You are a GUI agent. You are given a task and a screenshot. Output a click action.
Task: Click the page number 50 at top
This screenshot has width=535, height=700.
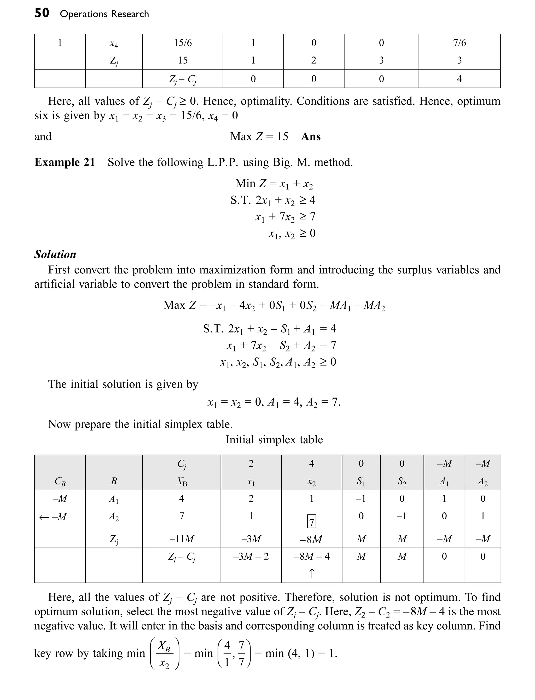point(42,13)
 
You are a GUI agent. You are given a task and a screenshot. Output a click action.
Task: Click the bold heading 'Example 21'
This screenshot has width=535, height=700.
point(65,162)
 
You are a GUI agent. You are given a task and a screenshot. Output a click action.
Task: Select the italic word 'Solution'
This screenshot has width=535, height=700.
point(55,254)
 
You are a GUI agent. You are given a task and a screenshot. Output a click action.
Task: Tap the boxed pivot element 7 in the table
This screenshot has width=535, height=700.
point(311,521)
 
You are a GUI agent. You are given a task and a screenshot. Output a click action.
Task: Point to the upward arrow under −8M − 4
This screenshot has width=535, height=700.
point(312,573)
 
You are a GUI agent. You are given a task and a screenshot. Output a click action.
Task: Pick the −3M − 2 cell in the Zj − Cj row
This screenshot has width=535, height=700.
point(251,556)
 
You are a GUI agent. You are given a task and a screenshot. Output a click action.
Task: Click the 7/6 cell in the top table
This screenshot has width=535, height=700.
point(459,43)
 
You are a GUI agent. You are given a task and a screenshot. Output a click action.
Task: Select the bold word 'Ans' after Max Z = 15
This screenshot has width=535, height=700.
point(311,136)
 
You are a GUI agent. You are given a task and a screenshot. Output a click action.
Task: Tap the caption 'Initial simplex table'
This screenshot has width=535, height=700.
point(274,440)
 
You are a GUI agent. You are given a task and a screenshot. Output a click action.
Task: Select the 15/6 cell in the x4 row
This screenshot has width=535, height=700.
point(183,43)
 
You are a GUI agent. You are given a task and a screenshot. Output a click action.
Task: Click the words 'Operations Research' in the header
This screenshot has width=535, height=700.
point(104,14)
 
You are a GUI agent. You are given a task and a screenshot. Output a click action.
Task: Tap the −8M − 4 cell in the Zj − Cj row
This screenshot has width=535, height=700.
point(311,556)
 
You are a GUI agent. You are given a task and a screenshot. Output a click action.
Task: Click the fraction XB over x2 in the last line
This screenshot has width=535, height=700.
point(164,654)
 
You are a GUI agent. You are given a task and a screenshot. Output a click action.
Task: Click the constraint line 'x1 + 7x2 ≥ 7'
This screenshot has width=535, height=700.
point(285,217)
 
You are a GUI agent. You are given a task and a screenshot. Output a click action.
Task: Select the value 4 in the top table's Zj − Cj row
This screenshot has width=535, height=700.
point(459,79)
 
